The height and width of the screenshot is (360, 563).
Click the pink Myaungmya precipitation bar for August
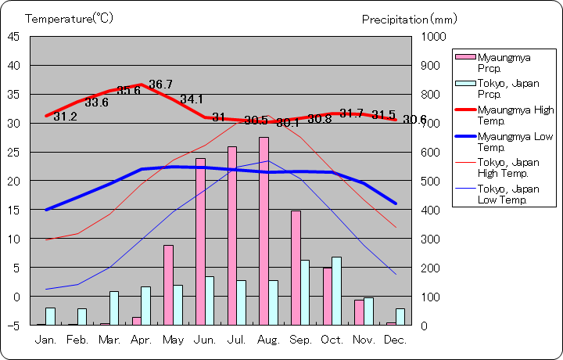tap(264, 231)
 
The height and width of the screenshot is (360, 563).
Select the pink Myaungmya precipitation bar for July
tap(232, 235)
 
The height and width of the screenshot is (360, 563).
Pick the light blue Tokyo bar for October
tap(336, 290)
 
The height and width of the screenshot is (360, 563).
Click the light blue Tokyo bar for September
tap(305, 292)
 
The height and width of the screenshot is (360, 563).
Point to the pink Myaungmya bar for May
tap(168, 285)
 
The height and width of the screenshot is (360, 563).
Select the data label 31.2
tap(65, 117)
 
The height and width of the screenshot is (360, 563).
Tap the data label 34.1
tap(192, 99)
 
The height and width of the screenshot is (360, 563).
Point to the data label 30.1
tap(288, 123)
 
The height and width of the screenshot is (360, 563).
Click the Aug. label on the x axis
tap(268, 340)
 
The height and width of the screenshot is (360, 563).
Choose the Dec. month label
tap(396, 340)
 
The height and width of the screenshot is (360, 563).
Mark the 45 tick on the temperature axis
tap(14, 36)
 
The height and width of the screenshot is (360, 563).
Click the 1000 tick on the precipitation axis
tap(432, 36)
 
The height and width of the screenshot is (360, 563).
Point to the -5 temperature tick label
tap(14, 325)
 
